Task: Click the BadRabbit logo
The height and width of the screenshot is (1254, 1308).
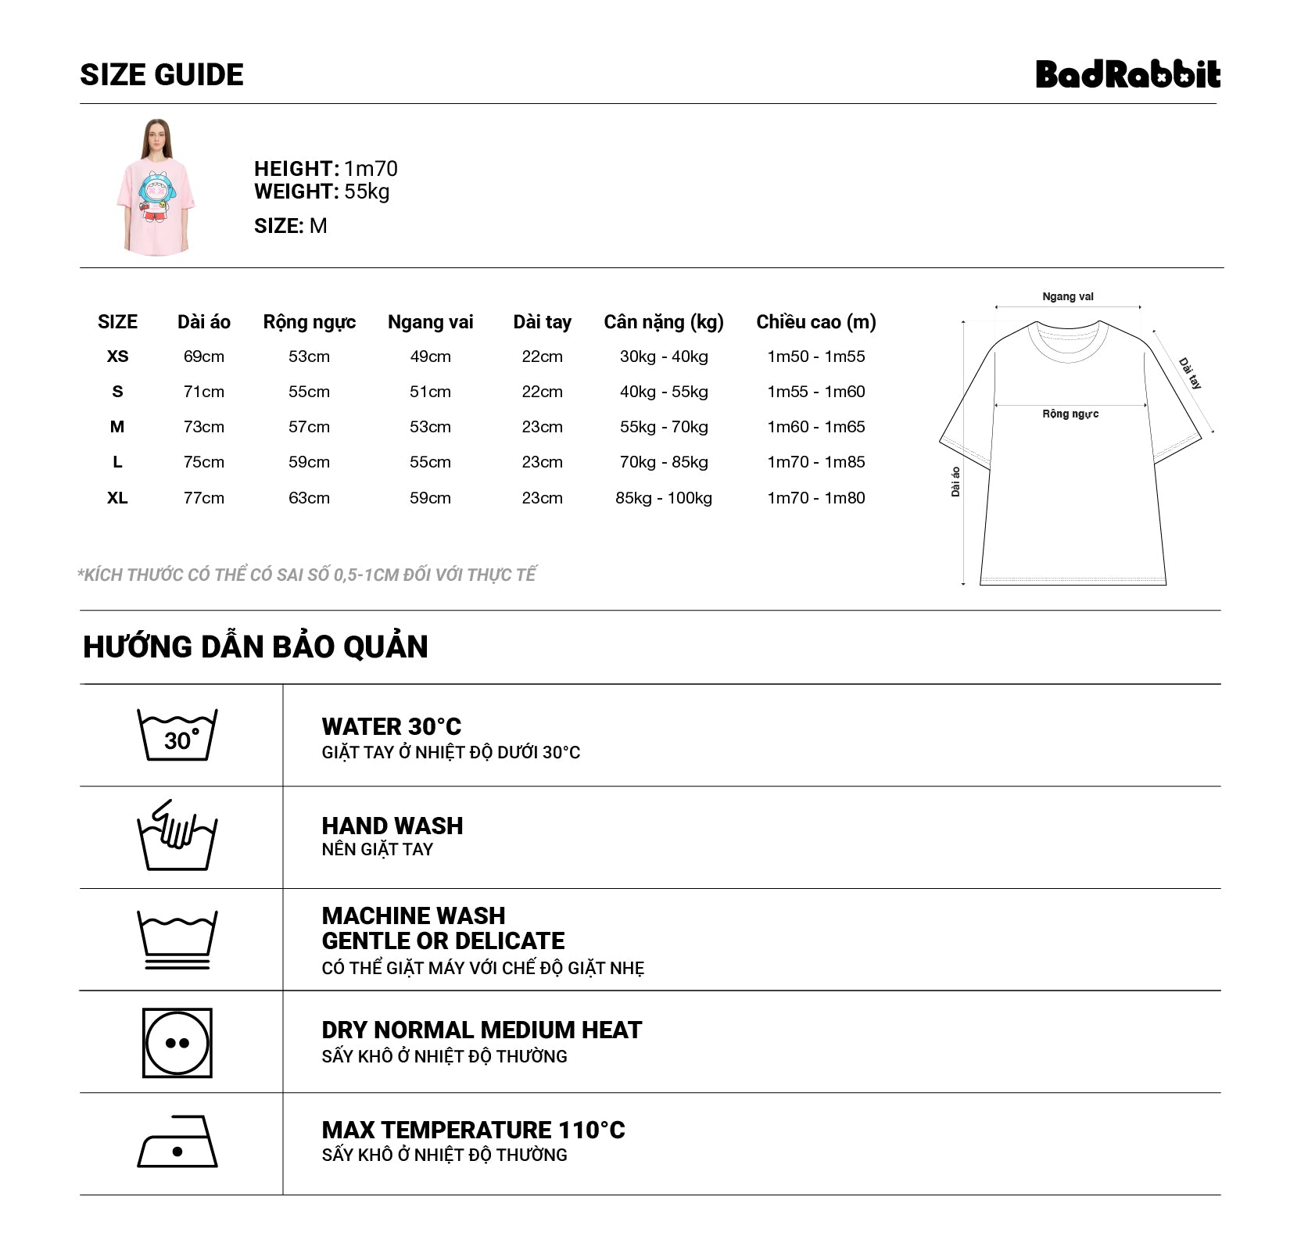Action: [x=1127, y=74]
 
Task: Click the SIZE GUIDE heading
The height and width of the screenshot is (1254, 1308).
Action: [x=162, y=75]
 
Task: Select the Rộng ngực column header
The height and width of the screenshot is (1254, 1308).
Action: [x=309, y=322]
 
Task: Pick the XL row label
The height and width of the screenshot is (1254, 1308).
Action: [x=117, y=498]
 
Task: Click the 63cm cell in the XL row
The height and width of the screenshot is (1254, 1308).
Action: [x=309, y=498]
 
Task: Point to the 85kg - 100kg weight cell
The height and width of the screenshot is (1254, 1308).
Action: [x=663, y=498]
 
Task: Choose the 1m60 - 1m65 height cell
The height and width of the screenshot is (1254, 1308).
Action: [x=815, y=427]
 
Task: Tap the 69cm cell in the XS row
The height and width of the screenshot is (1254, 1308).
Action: [x=203, y=356]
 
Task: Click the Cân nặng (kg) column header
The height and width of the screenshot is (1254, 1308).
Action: [x=663, y=322]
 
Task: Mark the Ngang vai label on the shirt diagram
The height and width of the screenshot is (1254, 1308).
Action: [x=1067, y=296]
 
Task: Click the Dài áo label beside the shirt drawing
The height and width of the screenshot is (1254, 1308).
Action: [x=955, y=482]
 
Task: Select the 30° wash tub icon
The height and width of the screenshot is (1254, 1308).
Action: [x=177, y=735]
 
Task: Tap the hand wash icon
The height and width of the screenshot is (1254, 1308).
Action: [x=177, y=836]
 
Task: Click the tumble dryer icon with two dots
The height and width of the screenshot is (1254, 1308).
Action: [x=177, y=1042]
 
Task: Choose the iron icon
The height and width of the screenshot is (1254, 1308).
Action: [x=177, y=1142]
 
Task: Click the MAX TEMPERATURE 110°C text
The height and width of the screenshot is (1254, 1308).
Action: [x=473, y=1130]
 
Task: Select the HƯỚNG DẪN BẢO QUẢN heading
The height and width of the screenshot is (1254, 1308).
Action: [x=256, y=647]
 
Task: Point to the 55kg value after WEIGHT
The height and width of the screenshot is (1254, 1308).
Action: [x=367, y=192]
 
